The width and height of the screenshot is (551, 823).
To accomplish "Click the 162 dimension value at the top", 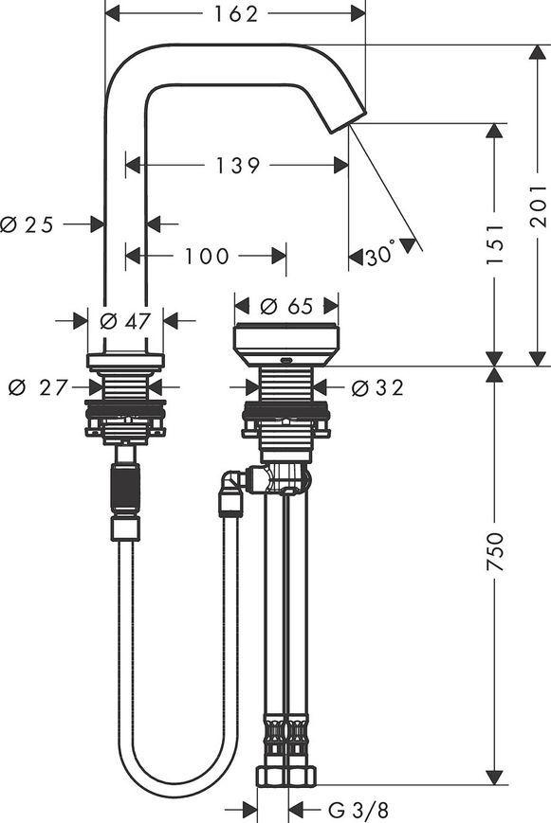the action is pos(235,15).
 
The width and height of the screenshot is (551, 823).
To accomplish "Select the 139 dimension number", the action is pos(238,166).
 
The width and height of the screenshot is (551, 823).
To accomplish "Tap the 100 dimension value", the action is pos(207,256).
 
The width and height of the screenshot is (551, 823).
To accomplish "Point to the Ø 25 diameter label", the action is pos(27,224).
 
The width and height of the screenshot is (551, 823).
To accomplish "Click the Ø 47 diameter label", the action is pos(125,320).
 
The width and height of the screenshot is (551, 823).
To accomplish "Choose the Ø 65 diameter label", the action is pos(286,306).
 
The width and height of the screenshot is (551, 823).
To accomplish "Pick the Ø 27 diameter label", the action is pos(38,388).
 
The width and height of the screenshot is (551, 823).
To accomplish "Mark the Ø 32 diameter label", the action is pos(377,388).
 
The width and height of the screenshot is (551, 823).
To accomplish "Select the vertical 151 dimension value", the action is pos(495,244).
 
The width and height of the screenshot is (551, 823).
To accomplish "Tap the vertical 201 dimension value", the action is pos(539,206).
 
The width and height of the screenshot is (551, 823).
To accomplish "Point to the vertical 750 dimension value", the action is pos(495,551).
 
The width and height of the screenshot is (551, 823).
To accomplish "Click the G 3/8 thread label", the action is pos(358,810).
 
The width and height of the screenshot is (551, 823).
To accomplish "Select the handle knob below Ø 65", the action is pos(286,347).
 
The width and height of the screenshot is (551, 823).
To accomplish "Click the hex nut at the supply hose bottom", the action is pos(286,777).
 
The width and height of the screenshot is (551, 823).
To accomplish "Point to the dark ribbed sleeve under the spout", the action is pos(126,489).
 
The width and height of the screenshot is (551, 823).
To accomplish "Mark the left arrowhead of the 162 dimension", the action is pos(113,15).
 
